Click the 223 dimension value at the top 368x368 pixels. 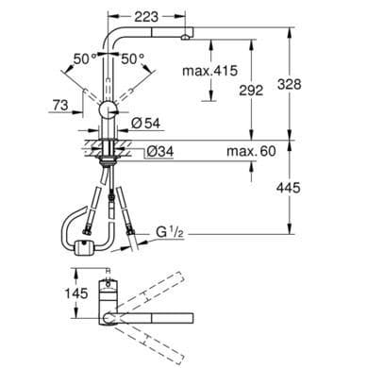pos(146,17)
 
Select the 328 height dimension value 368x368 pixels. pos(289,84)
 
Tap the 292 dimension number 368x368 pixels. pos(251,91)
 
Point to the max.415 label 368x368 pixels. pos(209,71)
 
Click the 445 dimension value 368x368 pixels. pos(288,188)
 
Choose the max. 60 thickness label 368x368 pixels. pos(251,151)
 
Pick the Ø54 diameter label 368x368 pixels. pos(146,123)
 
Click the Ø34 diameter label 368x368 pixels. pos(160,152)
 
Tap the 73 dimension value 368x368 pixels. pos(60,105)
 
